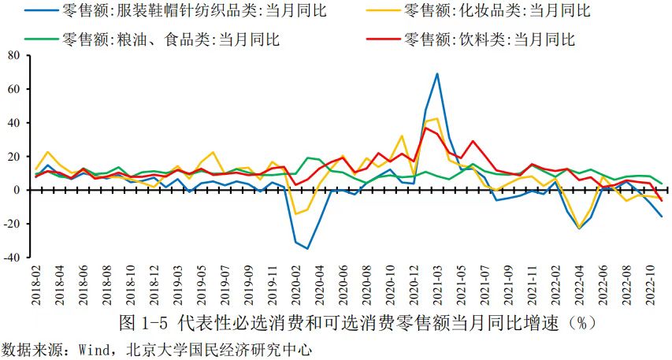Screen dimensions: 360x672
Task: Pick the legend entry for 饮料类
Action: [x=488, y=39]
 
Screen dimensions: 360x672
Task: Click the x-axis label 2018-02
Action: [x=36, y=287]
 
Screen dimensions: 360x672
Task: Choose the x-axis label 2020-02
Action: [x=296, y=287]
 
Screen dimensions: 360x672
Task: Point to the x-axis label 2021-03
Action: [x=437, y=287]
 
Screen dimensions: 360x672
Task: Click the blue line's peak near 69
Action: [x=437, y=74]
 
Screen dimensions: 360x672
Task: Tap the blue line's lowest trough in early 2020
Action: [x=308, y=248]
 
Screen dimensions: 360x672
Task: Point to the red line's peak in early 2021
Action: [x=426, y=128]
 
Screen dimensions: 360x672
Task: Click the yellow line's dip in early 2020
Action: [x=296, y=213]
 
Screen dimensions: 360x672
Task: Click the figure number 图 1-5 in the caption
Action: [x=143, y=323]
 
